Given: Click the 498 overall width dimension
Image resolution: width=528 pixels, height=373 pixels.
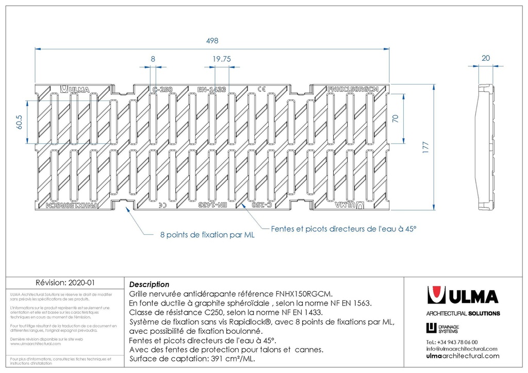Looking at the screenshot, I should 212,40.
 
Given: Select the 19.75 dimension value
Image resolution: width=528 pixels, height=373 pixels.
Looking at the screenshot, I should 221,59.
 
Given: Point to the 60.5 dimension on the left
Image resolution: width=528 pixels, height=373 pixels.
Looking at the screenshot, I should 20,122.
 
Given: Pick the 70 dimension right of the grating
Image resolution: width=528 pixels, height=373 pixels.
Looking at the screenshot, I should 395,118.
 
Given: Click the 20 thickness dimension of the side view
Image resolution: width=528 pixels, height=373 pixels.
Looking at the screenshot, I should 486,58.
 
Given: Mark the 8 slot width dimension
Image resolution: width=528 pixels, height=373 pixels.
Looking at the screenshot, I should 153,59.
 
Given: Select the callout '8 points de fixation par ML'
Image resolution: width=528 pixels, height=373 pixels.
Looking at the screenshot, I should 207,235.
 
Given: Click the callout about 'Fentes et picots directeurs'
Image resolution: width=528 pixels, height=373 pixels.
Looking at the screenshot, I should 343,228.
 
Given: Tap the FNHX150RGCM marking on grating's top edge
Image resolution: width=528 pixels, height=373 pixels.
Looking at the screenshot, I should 353,89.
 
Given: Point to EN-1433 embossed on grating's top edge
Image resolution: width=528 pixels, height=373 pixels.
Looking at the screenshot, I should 211,89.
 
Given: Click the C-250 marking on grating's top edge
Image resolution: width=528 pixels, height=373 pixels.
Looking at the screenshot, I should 162,89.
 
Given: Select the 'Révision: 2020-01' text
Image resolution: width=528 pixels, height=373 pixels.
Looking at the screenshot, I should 64,283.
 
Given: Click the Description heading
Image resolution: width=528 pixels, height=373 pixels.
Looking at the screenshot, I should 149,284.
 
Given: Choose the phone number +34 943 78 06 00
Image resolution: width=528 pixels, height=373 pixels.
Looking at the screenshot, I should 452,342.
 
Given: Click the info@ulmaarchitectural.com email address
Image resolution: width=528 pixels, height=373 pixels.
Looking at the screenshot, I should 461,349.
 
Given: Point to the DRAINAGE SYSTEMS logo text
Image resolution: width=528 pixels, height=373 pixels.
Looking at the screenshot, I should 449,328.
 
